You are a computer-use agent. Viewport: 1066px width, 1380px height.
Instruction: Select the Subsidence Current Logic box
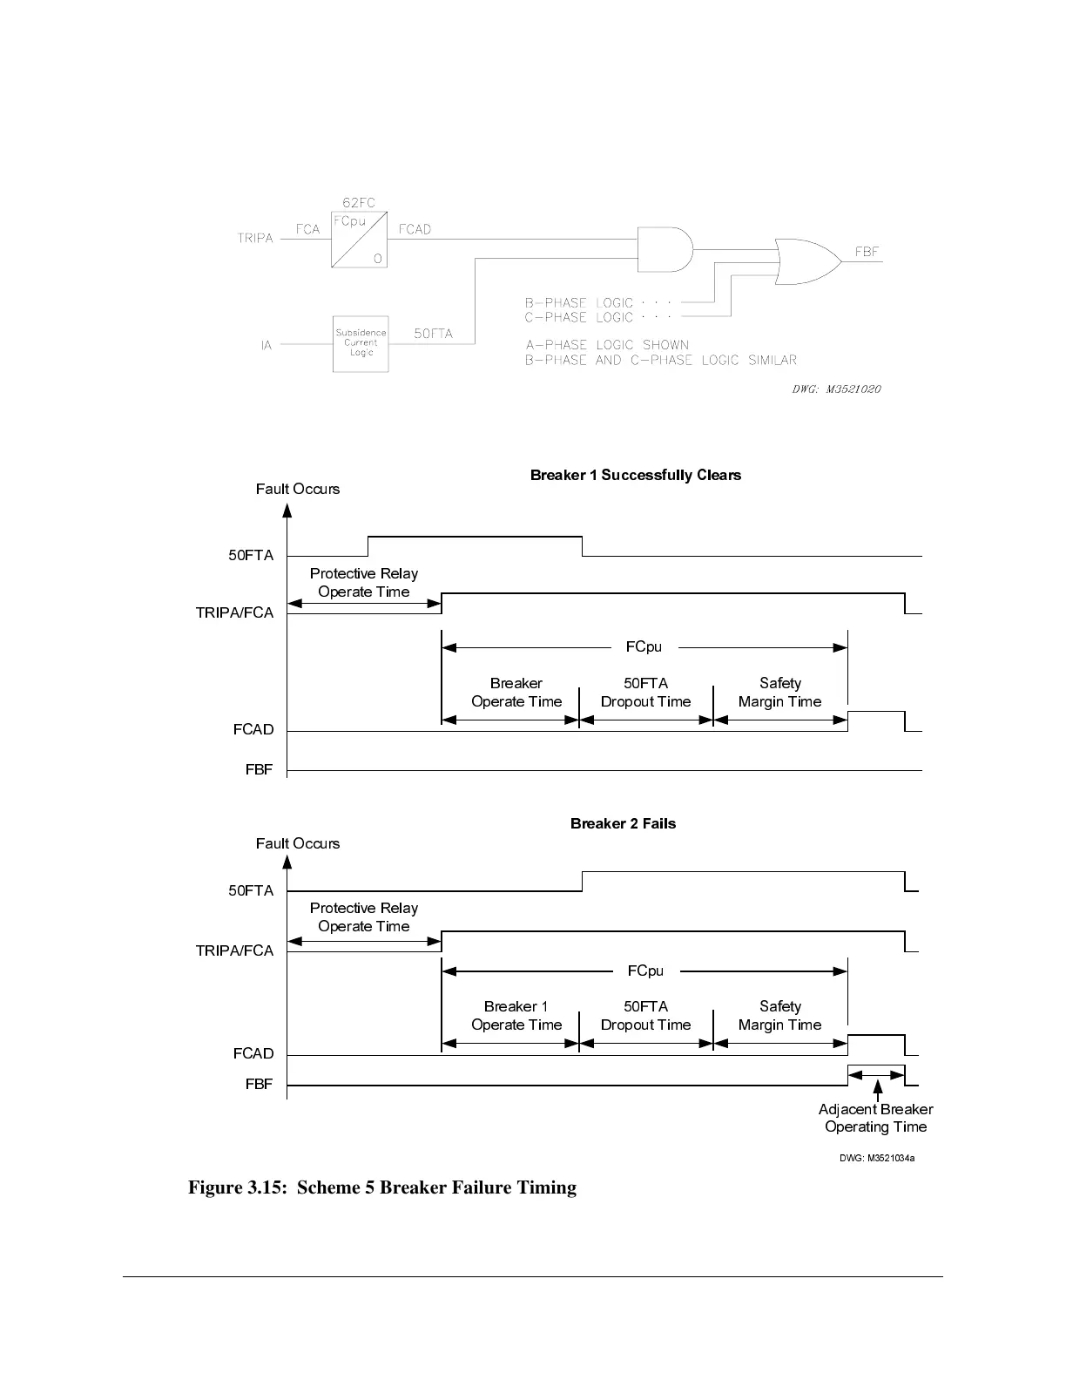[361, 343]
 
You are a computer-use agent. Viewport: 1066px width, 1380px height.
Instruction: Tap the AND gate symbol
[665, 250]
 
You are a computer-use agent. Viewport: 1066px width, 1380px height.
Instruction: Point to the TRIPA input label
[255, 238]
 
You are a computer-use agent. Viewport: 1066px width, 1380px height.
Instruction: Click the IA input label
[266, 345]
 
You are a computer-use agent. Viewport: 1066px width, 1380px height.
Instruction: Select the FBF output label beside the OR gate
[867, 252]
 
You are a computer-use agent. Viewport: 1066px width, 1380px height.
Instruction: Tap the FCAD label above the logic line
[415, 229]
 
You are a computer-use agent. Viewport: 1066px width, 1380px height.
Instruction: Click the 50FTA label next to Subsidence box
[433, 334]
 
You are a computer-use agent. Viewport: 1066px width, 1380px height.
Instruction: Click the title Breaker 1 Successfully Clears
[636, 475]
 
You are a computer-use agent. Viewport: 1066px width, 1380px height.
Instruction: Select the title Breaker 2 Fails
[623, 823]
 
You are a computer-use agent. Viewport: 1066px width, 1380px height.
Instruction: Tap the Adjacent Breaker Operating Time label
[875, 1118]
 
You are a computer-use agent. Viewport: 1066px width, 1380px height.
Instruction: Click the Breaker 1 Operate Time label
[516, 1016]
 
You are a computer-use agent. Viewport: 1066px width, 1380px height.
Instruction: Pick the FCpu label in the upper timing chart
[644, 647]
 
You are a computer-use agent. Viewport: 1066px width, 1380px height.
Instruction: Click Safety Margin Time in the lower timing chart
[779, 1016]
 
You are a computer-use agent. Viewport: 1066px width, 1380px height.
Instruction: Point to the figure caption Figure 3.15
[382, 1187]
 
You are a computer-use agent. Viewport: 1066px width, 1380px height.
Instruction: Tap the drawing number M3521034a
[877, 1159]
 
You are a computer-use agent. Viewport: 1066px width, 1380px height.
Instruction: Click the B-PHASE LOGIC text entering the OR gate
[579, 303]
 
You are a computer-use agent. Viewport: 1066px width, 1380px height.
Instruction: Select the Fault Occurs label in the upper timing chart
[298, 489]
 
